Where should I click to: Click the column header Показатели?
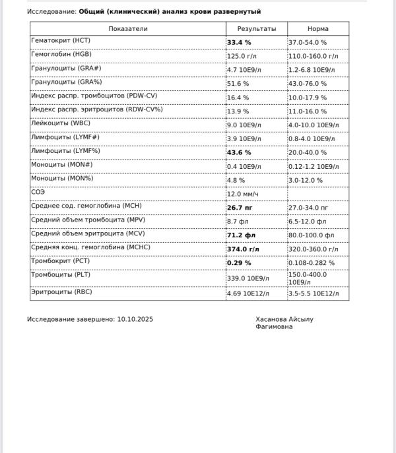pyautogui.click(x=128, y=29)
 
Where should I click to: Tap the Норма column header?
pyautogui.click(x=317, y=29)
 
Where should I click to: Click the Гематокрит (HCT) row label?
pyautogui.click(x=61, y=41)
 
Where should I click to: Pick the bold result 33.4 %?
pyautogui.click(x=239, y=42)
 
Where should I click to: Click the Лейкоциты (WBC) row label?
pyautogui.click(x=61, y=123)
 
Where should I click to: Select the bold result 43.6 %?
pyautogui.click(x=239, y=152)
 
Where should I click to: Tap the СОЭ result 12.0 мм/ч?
pyautogui.click(x=243, y=194)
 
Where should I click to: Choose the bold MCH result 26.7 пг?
pyautogui.click(x=240, y=207)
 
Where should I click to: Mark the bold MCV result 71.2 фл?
pyautogui.click(x=241, y=235)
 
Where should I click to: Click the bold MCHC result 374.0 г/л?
pyautogui.click(x=243, y=249)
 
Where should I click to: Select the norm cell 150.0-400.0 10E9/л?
pyautogui.click(x=308, y=278)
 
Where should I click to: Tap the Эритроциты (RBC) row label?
pyautogui.click(x=61, y=291)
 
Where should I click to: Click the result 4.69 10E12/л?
pyautogui.click(x=248, y=293)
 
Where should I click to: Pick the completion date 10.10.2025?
pyautogui.click(x=135, y=319)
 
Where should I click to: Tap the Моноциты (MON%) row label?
pyautogui.click(x=62, y=178)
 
